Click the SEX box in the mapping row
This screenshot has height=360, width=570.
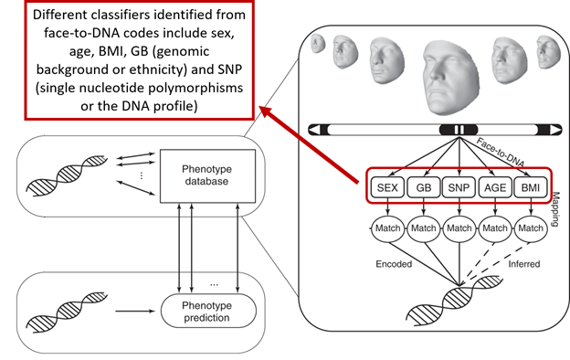point(385,188)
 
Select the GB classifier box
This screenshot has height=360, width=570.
point(422,188)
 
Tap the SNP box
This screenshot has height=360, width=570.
point(458,188)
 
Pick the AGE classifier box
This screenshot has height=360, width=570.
point(494,188)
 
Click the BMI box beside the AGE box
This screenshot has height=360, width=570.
point(530,188)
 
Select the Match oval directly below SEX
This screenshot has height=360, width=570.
point(385,227)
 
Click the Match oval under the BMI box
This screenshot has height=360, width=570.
point(530,227)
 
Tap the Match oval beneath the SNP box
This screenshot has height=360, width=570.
point(458,227)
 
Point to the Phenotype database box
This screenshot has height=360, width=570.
point(202,173)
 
